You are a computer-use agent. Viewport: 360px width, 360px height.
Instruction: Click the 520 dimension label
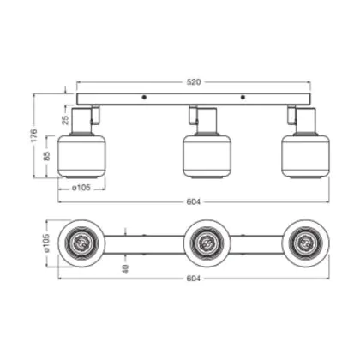[x=194, y=82]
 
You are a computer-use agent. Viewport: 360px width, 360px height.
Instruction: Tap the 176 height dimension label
[x=34, y=135]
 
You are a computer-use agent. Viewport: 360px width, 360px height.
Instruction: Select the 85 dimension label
[x=46, y=156]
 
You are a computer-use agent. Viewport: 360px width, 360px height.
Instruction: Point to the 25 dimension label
[x=66, y=119]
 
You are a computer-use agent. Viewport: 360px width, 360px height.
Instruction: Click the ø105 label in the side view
[x=81, y=188]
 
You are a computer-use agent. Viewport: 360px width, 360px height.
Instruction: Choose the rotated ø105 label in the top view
[x=46, y=243]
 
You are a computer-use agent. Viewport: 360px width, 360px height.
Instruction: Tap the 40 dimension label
[x=125, y=269]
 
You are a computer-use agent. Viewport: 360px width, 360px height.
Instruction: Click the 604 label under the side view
[x=194, y=201]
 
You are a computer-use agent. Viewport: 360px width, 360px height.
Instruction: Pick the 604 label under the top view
[x=194, y=279]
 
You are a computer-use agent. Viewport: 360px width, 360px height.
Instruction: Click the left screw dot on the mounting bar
[x=144, y=98]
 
